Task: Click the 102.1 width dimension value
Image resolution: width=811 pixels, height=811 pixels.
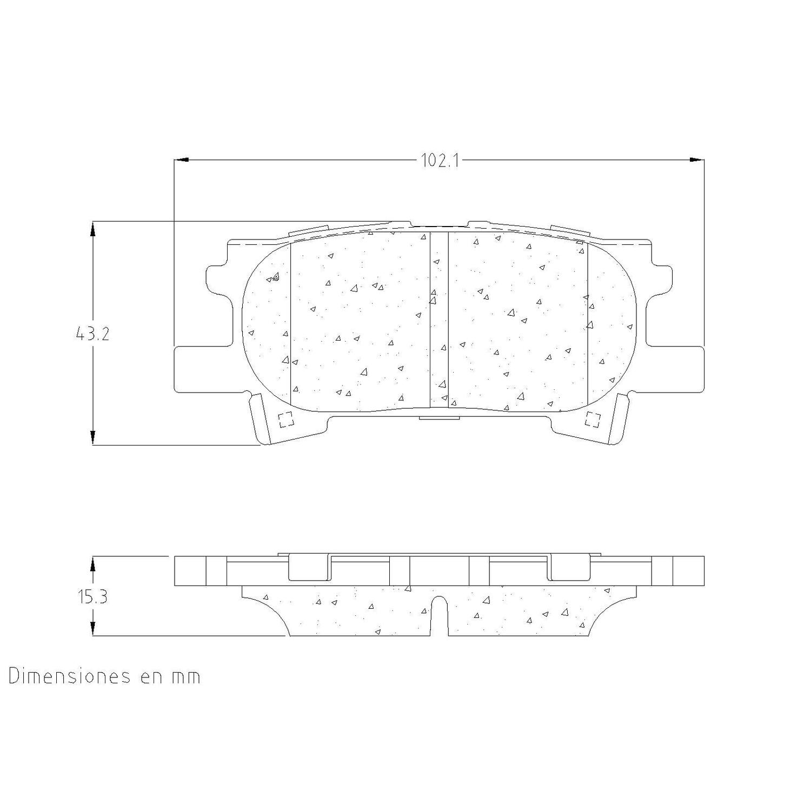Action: tap(440, 161)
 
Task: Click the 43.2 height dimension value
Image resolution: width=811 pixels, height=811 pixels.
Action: tap(92, 334)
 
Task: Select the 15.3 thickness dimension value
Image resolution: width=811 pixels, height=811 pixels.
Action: tap(92, 597)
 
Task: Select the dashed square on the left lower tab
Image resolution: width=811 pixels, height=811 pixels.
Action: tap(285, 420)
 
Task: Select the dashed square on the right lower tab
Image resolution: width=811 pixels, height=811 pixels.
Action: tap(593, 419)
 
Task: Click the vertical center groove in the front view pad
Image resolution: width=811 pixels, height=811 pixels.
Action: tap(439, 319)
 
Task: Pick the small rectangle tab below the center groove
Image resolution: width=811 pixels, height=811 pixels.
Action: tap(439, 417)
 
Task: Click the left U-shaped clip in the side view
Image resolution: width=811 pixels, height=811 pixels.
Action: tap(310, 568)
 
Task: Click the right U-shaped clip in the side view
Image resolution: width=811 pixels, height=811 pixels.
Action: tap(569, 568)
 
